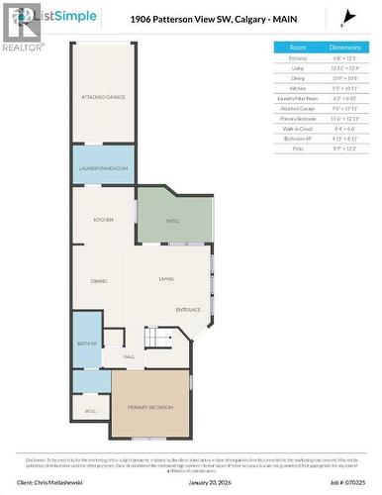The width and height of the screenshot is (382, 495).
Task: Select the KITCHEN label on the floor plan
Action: pos(103,220)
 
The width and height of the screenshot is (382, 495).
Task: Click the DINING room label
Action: pos(99,282)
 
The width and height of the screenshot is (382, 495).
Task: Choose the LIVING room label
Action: pos(166,279)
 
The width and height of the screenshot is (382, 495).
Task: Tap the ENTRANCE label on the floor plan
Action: pos(188,311)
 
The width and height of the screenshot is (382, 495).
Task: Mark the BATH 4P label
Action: pos(86,344)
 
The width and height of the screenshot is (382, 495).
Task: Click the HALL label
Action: pos(129,356)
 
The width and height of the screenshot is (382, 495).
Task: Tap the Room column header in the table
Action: pos(297,47)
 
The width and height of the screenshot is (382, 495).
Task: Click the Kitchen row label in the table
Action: pos(297,88)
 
